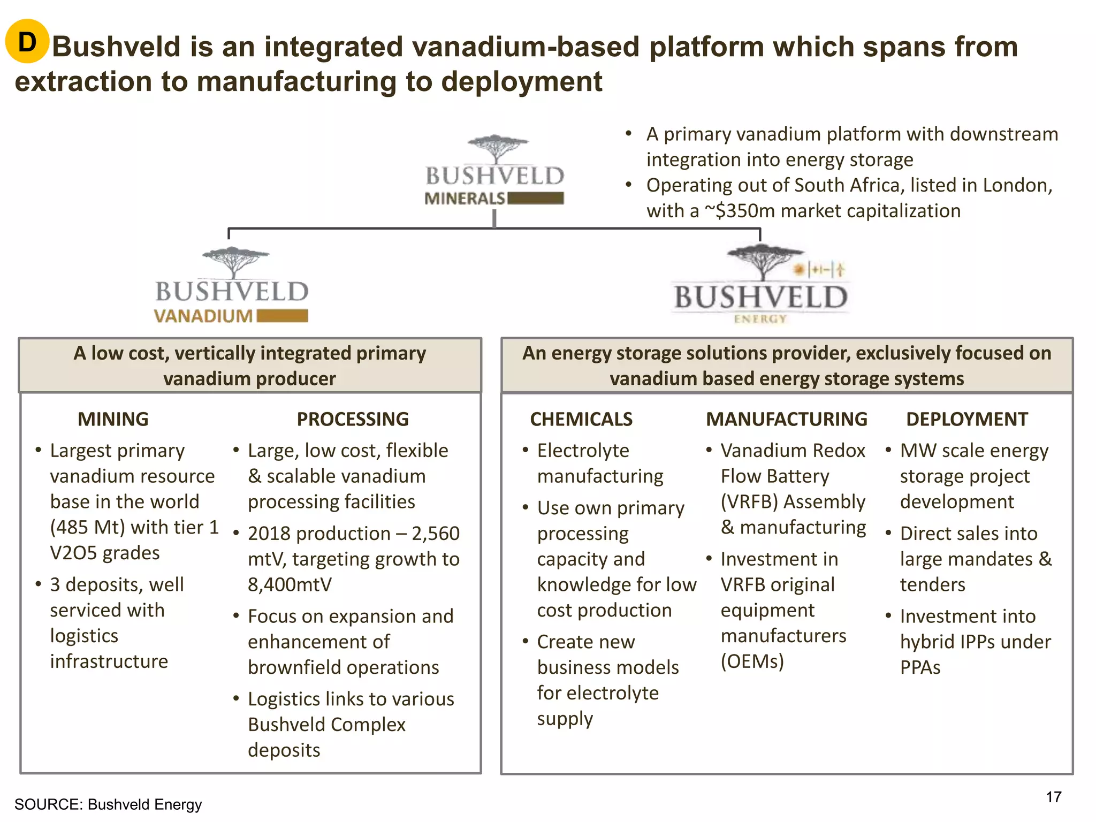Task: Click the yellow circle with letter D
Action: coord(27,42)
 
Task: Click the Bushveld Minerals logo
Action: coord(494,171)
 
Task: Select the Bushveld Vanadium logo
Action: coord(232,286)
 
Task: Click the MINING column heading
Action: coord(113,419)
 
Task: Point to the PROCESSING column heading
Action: coord(353,419)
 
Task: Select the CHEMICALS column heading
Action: coord(581,419)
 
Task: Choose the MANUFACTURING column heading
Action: coord(786,419)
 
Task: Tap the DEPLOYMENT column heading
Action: coord(966,419)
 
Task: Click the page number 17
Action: coord(1053,797)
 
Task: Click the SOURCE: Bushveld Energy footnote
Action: coord(108,804)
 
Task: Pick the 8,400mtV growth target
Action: coord(290,584)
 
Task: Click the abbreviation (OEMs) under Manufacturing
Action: coord(752,661)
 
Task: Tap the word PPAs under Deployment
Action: coord(920,667)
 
